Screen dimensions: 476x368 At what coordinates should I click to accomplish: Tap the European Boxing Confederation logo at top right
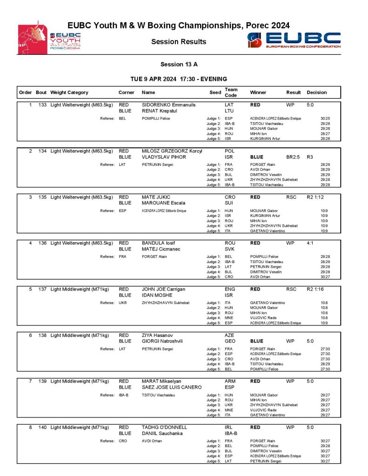[x=294, y=40]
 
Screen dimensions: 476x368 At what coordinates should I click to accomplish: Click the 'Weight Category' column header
[x=69, y=93]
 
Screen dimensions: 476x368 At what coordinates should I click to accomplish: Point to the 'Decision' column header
[x=317, y=93]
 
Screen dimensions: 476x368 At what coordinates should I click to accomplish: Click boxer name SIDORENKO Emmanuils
[x=169, y=105]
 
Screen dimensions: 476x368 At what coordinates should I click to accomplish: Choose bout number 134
[x=41, y=151]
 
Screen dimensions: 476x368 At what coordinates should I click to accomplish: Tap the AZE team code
[x=230, y=335]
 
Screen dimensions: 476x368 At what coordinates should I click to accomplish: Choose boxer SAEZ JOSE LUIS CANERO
[x=172, y=387]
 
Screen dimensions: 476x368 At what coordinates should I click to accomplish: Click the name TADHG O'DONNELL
[x=164, y=427]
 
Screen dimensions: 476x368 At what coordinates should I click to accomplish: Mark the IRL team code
[x=229, y=427]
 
